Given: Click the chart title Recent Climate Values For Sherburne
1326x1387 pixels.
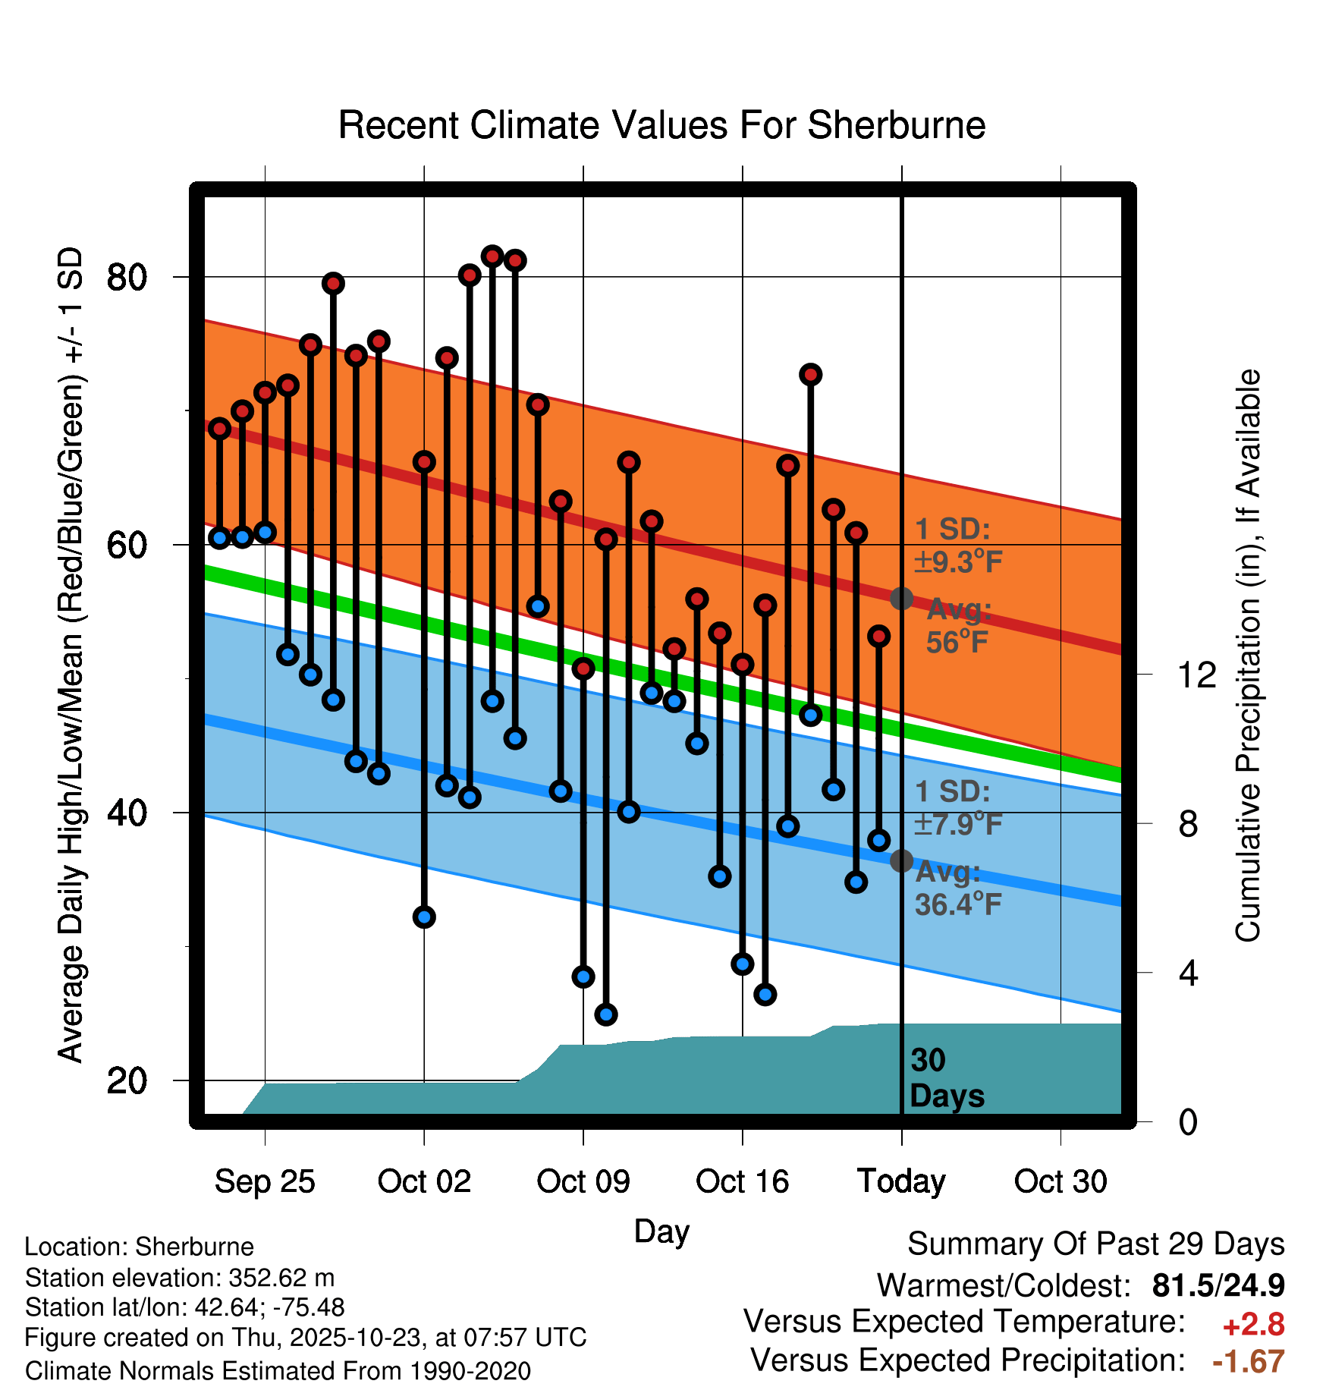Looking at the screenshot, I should pyautogui.click(x=661, y=125).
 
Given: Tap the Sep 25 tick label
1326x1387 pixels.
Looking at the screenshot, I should pyautogui.click(x=265, y=1181).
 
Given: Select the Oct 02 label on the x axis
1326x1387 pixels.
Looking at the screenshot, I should pyautogui.click(x=424, y=1181).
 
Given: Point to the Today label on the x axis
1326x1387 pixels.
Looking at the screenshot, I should pyautogui.click(x=901, y=1181).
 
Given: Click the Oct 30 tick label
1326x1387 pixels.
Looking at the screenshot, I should pyautogui.click(x=1060, y=1181).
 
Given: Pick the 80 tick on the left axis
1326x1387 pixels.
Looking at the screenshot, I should pyautogui.click(x=127, y=278).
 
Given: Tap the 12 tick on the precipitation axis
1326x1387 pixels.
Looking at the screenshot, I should pyautogui.click(x=1197, y=675).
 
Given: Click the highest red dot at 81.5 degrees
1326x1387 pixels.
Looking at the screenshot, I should pyautogui.click(x=492, y=256).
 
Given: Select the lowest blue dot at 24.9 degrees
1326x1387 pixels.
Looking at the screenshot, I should pyautogui.click(x=606, y=1014).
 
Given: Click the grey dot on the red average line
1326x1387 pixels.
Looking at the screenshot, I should pyautogui.click(x=901, y=599).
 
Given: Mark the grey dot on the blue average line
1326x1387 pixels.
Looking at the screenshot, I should pyautogui.click(x=901, y=860).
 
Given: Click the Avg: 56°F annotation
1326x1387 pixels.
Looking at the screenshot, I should pyautogui.click(x=958, y=626).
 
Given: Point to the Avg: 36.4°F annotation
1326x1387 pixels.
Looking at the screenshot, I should pyautogui.click(x=958, y=888).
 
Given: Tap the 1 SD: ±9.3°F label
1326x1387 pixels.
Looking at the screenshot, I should pyautogui.click(x=958, y=546).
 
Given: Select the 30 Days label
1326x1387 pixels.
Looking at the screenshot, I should pyautogui.click(x=946, y=1078).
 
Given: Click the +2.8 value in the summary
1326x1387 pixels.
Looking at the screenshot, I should pyautogui.click(x=1253, y=1325).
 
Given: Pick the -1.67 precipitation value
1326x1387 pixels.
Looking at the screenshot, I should pyautogui.click(x=1249, y=1362).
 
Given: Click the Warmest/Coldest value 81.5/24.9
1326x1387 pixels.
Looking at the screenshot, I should pyautogui.click(x=1218, y=1285).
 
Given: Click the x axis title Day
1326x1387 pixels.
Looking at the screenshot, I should pyautogui.click(x=661, y=1231).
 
